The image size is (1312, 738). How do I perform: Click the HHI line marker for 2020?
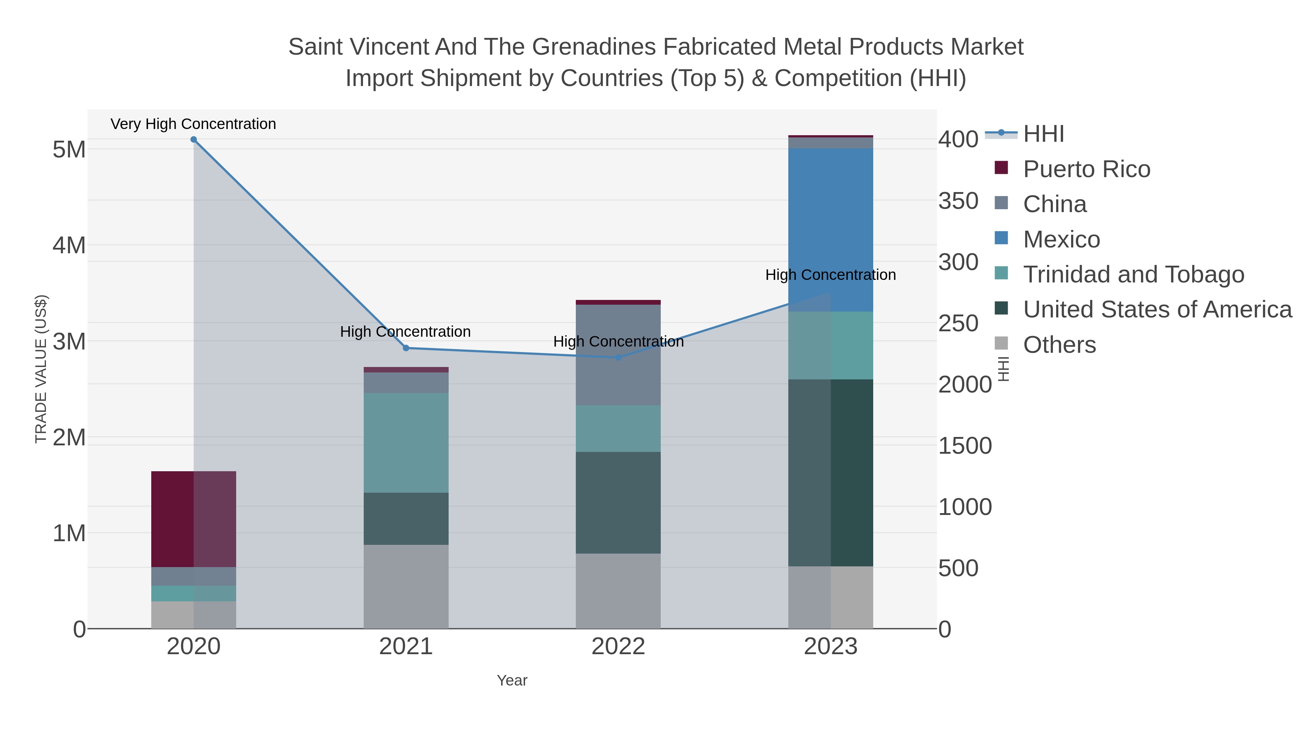[194, 140]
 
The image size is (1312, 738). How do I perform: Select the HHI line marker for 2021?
[406, 348]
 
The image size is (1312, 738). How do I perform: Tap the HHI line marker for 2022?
[618, 358]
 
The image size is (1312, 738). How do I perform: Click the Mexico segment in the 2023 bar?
[831, 229]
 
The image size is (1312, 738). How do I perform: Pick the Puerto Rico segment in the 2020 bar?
[194, 519]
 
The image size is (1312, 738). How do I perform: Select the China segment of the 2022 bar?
[618, 355]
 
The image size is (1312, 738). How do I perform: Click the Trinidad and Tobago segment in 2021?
[406, 442]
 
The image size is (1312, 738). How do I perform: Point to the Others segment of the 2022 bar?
[618, 591]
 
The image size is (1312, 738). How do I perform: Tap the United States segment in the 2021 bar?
[406, 519]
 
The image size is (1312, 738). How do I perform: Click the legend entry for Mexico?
[1061, 239]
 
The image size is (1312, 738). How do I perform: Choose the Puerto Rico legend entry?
[1086, 169]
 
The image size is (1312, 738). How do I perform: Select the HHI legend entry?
[1044, 134]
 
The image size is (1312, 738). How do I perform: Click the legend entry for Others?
[1059, 345]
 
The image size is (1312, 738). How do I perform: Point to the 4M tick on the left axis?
[69, 246]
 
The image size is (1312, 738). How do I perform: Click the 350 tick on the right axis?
[958, 201]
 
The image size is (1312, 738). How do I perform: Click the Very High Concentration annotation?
[194, 124]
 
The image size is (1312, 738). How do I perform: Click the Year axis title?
[512, 680]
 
